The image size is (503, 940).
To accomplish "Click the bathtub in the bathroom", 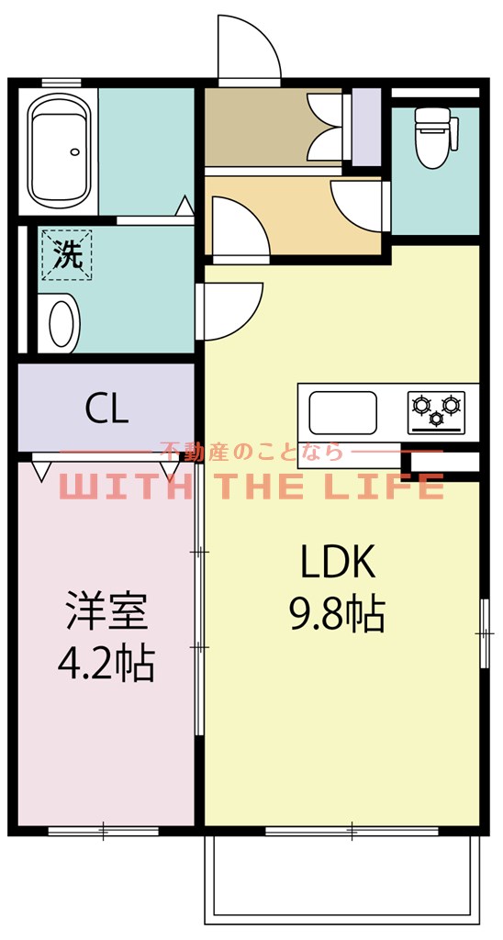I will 60,151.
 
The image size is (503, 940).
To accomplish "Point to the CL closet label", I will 106,409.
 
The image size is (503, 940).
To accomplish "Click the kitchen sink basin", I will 342,412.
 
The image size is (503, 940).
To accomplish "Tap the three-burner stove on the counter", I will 437,411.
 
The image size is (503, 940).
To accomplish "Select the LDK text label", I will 338,563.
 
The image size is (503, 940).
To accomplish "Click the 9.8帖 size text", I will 336,614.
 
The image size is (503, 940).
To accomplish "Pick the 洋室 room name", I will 106,612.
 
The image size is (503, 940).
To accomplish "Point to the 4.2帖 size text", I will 106,663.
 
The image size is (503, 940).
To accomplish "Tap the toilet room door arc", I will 358,204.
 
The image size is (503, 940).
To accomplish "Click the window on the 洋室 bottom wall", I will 103,833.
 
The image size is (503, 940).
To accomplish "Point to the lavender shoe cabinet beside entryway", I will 366,129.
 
